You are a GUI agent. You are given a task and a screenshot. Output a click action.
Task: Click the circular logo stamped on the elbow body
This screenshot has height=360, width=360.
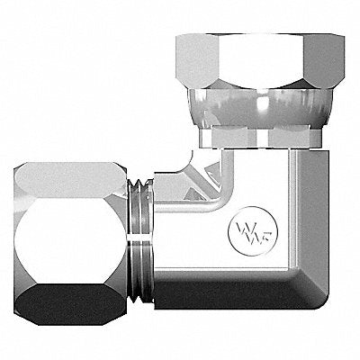coord(253,231)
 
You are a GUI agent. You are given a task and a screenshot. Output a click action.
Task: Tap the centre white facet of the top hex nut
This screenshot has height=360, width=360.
coord(260,61)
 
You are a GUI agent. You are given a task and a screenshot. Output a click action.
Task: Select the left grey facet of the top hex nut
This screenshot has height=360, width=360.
coord(197,60)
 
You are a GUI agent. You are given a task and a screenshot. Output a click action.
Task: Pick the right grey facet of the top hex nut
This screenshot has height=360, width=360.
coord(324,60)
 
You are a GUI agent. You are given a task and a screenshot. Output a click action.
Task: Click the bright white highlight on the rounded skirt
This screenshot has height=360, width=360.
coord(262,103)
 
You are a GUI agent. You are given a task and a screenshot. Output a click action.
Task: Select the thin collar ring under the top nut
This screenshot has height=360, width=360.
coord(260,137)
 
